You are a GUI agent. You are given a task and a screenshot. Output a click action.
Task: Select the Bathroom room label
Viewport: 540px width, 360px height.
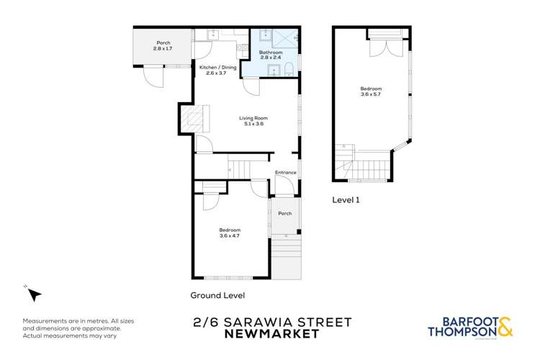(x=271, y=53)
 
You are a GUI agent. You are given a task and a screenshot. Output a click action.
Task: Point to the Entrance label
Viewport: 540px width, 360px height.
(x=286, y=172)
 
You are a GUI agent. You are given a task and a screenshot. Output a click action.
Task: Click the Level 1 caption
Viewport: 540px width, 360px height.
(x=346, y=200)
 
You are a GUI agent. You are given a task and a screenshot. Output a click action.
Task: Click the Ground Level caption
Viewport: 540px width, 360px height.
(x=217, y=295)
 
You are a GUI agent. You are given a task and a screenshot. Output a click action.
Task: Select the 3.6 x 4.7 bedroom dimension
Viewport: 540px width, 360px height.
(x=230, y=235)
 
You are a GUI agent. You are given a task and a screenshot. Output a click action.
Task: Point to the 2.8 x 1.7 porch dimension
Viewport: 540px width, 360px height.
(x=163, y=48)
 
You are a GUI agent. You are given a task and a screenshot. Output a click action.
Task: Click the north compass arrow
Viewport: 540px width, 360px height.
(x=33, y=294)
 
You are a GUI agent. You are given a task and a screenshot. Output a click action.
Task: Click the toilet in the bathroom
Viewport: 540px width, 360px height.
(x=288, y=68)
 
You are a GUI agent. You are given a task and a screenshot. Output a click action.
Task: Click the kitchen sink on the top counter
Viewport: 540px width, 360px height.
(x=213, y=34)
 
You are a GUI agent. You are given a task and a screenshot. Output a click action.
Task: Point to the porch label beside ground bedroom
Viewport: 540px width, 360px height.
(x=285, y=213)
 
